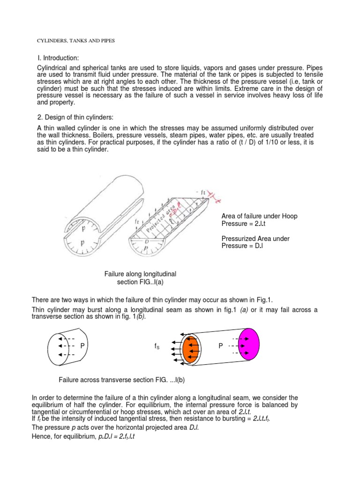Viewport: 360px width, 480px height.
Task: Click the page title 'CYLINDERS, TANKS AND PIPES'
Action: click(x=76, y=41)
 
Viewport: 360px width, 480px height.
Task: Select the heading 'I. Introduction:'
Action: click(x=59, y=58)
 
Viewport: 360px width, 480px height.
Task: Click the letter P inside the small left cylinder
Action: click(x=82, y=345)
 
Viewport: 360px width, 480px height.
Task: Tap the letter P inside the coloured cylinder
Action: click(x=220, y=345)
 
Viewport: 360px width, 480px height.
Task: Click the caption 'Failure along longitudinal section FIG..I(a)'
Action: click(x=140, y=277)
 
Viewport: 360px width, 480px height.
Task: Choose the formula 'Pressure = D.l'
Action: click(x=243, y=246)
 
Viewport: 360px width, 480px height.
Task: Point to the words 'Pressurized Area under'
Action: click(x=255, y=239)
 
